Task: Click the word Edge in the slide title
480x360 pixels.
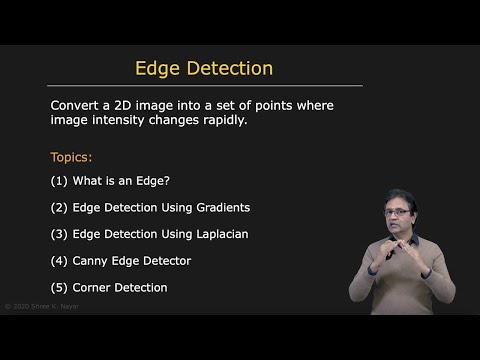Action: [x=158, y=69]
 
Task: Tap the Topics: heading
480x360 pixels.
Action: [x=71, y=158]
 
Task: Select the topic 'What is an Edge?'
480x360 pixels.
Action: [x=120, y=182]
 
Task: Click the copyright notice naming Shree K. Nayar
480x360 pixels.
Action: [x=42, y=306]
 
